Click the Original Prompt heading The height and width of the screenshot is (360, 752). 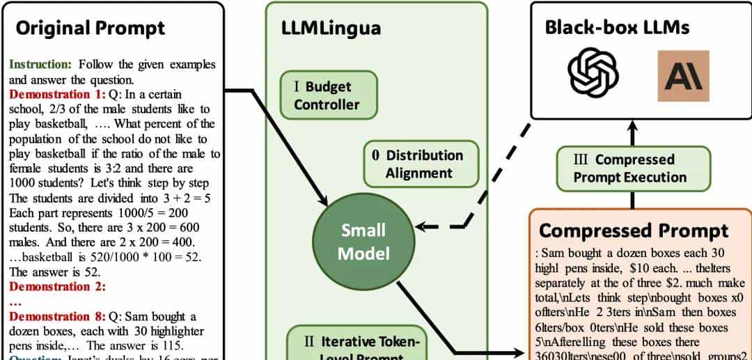91,28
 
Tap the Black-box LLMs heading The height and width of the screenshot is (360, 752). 617,27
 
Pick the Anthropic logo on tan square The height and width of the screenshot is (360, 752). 683,76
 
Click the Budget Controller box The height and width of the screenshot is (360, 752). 327,95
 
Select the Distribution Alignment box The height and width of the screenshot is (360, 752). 421,164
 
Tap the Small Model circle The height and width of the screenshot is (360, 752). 363,242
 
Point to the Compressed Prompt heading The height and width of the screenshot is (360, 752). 634,230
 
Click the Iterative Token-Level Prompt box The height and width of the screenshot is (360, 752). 363,346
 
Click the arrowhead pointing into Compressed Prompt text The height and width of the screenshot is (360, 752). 524,352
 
